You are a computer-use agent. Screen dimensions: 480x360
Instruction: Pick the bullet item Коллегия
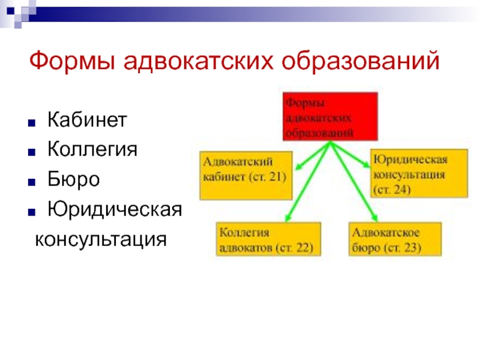92,148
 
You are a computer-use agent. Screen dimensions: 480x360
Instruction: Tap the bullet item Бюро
74,179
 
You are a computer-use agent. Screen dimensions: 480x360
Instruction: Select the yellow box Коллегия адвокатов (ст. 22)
268,239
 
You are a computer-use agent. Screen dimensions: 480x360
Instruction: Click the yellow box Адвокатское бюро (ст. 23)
395,239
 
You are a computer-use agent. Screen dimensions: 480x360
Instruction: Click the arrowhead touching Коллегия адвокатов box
288,219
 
